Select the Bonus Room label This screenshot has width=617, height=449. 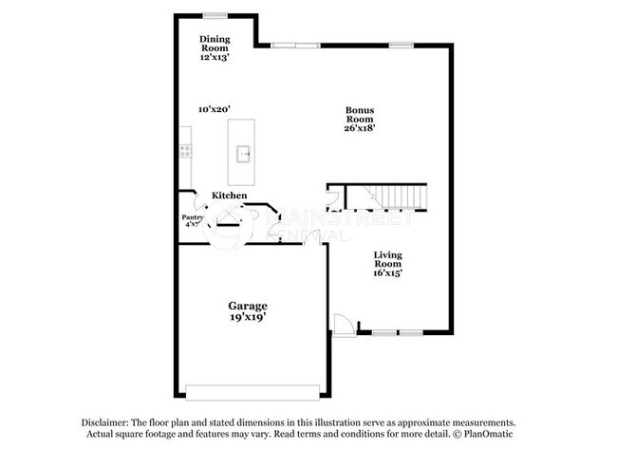[x=361, y=115]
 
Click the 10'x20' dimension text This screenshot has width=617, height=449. [x=215, y=109]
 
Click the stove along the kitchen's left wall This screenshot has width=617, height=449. [x=185, y=150]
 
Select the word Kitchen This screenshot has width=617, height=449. [x=229, y=196]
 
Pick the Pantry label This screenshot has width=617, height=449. [x=192, y=217]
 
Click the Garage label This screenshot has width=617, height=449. [x=247, y=306]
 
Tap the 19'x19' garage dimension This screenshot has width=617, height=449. [x=247, y=319]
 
